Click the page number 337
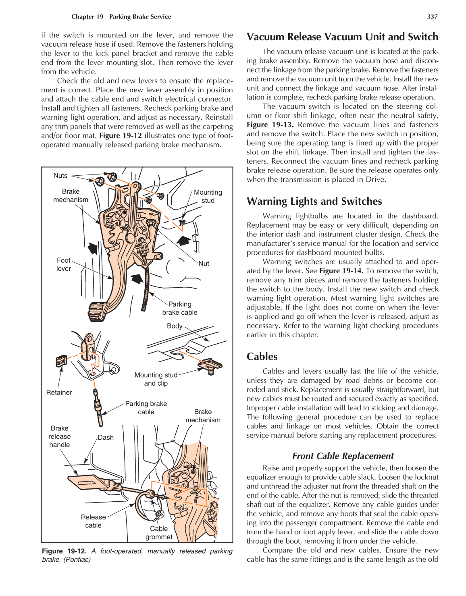tap(432, 17)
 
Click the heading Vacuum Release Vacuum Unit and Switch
tap(342, 37)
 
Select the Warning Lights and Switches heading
tap(314, 201)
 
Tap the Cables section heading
tap(262, 357)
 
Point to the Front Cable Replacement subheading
tap(343, 456)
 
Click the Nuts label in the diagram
tap(60, 175)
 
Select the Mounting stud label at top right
tap(208, 196)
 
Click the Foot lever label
tap(64, 264)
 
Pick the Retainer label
tap(59, 392)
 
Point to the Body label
tap(175, 326)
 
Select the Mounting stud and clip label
tap(156, 379)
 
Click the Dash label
tap(106, 437)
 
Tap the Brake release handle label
tap(60, 436)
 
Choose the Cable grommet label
tap(159, 533)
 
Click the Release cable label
tap(93, 521)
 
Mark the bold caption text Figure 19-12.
tap(64, 551)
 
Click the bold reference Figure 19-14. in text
tap(341, 271)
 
